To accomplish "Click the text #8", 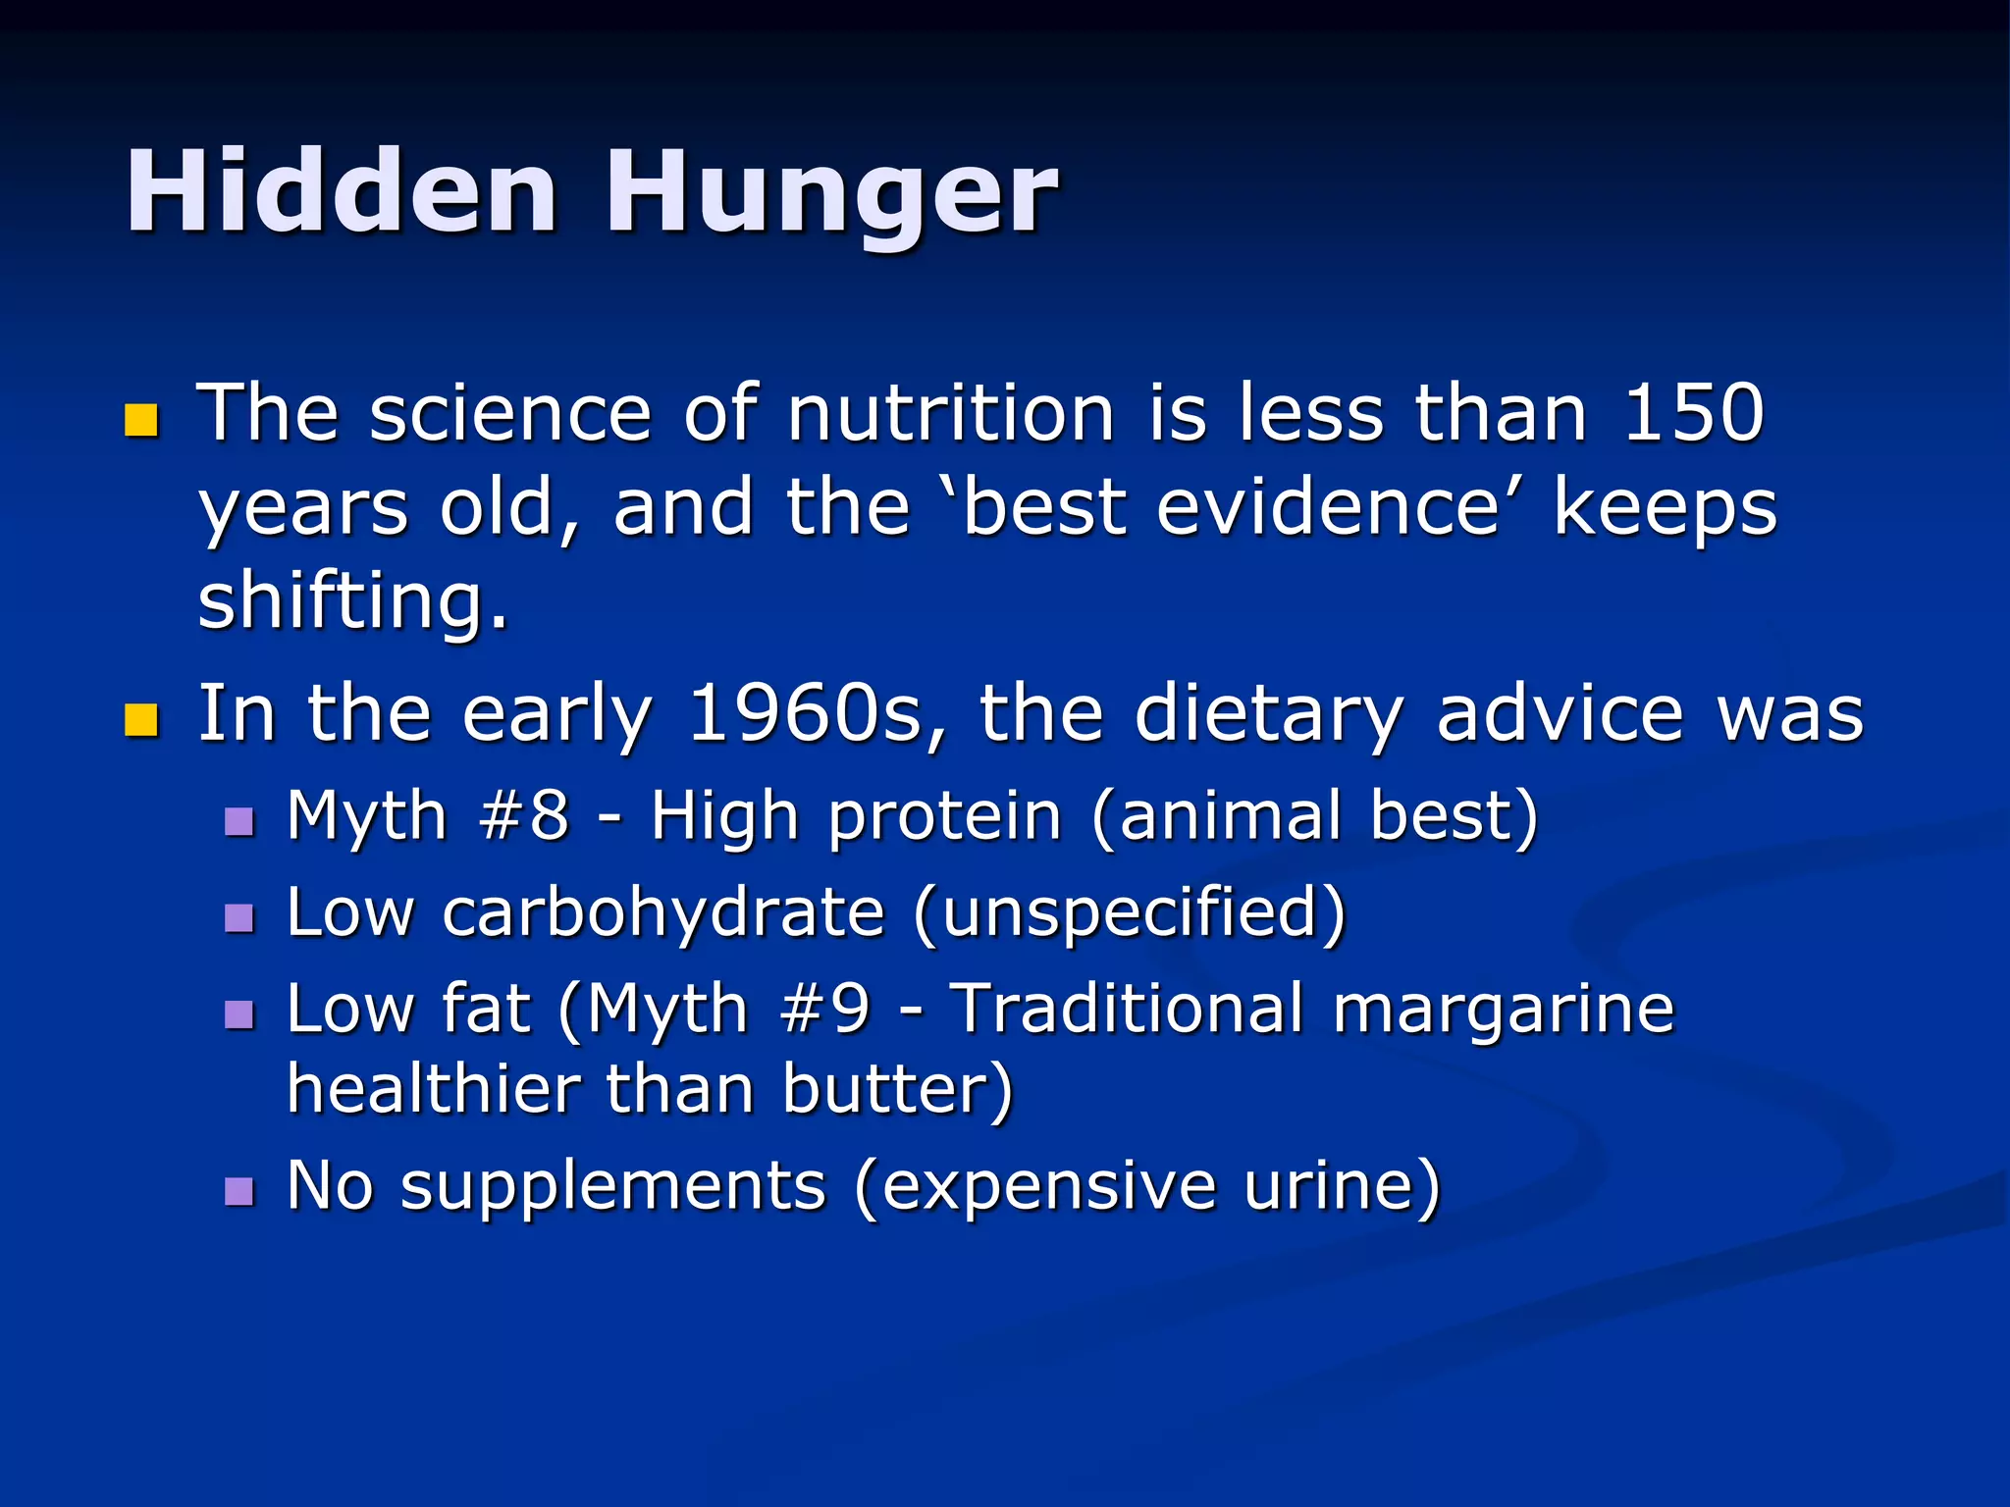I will click(x=523, y=815).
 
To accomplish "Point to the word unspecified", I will click(x=1130, y=913).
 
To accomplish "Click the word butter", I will click(x=887, y=1090).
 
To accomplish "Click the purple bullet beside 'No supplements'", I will click(x=238, y=1191).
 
